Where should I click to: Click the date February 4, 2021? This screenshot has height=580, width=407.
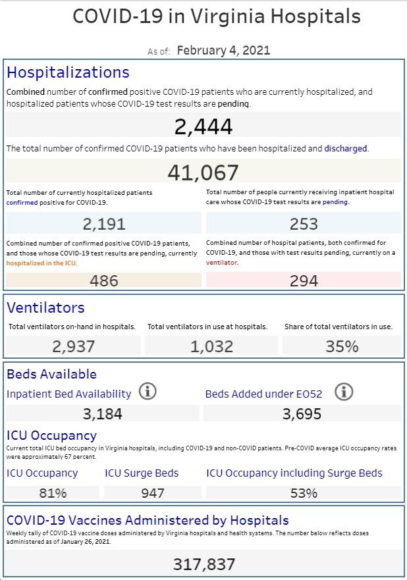click(223, 50)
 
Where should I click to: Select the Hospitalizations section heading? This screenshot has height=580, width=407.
click(68, 72)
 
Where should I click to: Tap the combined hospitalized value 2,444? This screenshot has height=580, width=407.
click(203, 126)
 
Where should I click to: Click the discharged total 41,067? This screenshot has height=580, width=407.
click(203, 172)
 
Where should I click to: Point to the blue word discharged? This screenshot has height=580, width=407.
click(346, 149)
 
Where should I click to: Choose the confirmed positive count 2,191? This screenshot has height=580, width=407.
click(104, 224)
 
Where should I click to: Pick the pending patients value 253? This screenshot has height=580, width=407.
click(304, 224)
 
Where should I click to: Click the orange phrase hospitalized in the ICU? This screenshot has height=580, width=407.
click(41, 263)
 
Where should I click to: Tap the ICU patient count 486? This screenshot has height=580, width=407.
click(104, 280)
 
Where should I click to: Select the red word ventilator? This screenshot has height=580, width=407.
click(222, 263)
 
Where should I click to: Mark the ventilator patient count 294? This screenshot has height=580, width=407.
click(304, 280)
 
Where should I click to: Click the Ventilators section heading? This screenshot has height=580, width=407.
click(46, 307)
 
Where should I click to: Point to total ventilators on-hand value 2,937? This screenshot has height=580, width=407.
click(74, 346)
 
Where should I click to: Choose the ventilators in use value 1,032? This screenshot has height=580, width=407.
click(211, 346)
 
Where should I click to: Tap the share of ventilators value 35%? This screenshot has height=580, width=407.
click(342, 346)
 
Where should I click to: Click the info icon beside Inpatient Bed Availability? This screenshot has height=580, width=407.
click(148, 391)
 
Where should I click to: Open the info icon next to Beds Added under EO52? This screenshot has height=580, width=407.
click(344, 392)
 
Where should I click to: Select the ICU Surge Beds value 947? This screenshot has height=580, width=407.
click(153, 493)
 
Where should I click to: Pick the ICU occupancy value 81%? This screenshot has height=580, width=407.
click(53, 493)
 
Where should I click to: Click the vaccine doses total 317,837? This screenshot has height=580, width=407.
click(204, 564)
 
